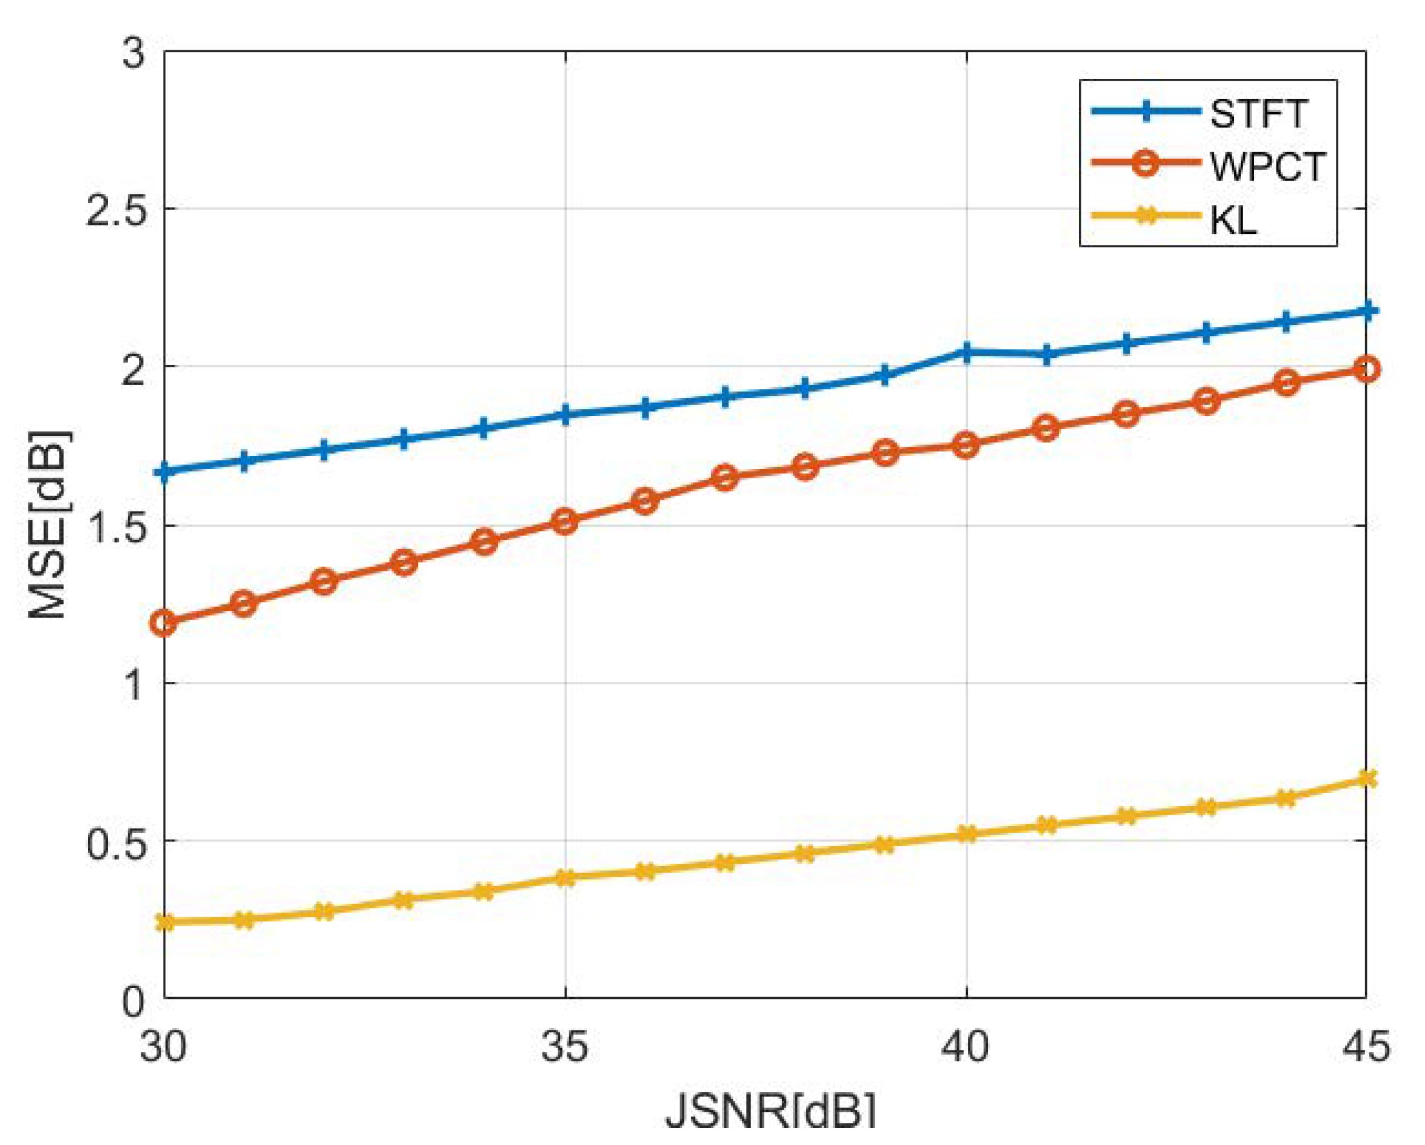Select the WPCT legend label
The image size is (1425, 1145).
pyautogui.click(x=1267, y=167)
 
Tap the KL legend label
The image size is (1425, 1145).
pyautogui.click(x=1233, y=220)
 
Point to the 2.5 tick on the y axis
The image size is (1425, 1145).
pyautogui.click(x=115, y=211)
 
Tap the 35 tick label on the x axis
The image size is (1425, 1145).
pyautogui.click(x=564, y=1047)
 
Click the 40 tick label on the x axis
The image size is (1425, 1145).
pyautogui.click(x=966, y=1047)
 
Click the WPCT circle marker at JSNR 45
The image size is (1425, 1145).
pyautogui.click(x=1366, y=370)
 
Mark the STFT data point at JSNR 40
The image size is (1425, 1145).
pyautogui.click(x=966, y=352)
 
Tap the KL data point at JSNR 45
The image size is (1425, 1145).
pyautogui.click(x=1366, y=778)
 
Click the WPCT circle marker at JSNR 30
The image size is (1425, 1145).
pyautogui.click(x=164, y=622)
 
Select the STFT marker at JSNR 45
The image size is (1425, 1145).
pyautogui.click(x=1366, y=311)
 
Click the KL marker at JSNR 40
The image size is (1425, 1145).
pyautogui.click(x=966, y=833)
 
